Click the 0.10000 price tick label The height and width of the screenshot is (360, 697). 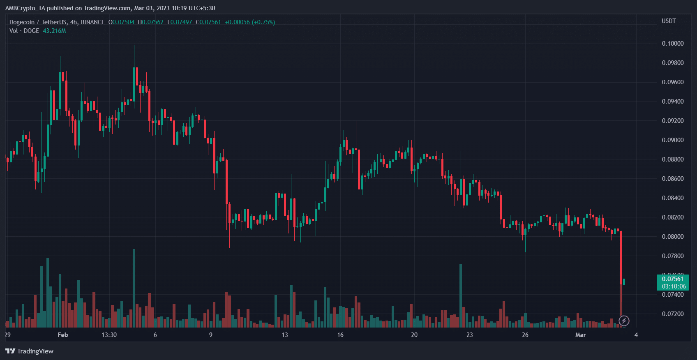672,44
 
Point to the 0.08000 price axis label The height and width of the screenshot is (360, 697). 672,237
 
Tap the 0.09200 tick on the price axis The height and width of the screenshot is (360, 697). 672,121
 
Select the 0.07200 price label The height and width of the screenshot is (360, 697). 672,314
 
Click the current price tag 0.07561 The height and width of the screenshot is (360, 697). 672,279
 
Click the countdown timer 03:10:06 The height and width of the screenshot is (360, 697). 673,286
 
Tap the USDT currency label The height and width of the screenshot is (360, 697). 669,21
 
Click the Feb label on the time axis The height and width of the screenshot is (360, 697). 63,335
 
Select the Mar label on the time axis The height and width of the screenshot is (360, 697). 580,335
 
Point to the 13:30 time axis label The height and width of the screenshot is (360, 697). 109,335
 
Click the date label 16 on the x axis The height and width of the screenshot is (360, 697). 340,335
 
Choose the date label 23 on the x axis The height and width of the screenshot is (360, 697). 469,335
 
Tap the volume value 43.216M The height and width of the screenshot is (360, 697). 54,31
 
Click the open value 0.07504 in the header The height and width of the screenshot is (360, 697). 123,22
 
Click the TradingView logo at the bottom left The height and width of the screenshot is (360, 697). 30,351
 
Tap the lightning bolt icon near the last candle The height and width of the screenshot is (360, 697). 624,321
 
